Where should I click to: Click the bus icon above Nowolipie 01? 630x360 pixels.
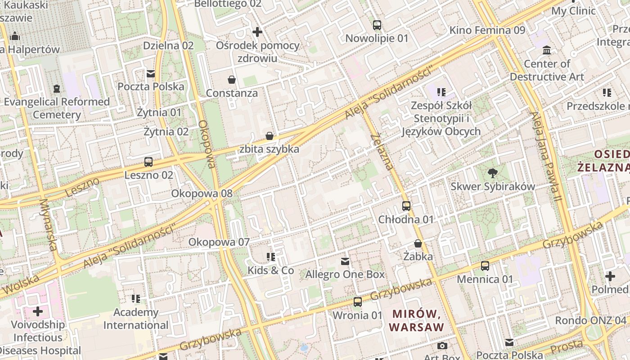point(377,25)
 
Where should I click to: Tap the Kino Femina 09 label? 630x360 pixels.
point(487,30)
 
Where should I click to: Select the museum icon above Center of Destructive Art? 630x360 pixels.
point(547,50)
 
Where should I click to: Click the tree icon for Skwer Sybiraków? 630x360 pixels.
point(493,173)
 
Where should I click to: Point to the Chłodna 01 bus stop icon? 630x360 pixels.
point(406,206)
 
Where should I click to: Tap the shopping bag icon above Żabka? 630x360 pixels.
point(418,243)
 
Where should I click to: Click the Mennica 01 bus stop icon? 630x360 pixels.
point(485,266)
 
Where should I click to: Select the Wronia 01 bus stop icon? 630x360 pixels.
point(357,302)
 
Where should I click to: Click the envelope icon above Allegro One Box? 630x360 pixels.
point(345,261)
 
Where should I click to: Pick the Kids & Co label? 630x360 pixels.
point(270,270)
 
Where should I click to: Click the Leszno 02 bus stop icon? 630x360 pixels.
point(148,162)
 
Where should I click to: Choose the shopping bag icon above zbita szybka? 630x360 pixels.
point(270,136)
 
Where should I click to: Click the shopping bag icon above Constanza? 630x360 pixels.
point(232,80)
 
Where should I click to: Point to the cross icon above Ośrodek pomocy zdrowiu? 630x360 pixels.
point(257,32)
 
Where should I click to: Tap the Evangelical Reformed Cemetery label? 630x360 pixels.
point(57,108)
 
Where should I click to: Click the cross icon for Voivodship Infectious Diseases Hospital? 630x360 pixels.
point(38,311)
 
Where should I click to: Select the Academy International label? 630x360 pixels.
point(136,319)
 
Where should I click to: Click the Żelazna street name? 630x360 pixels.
point(382,152)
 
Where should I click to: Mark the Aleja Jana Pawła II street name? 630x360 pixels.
point(547,157)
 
